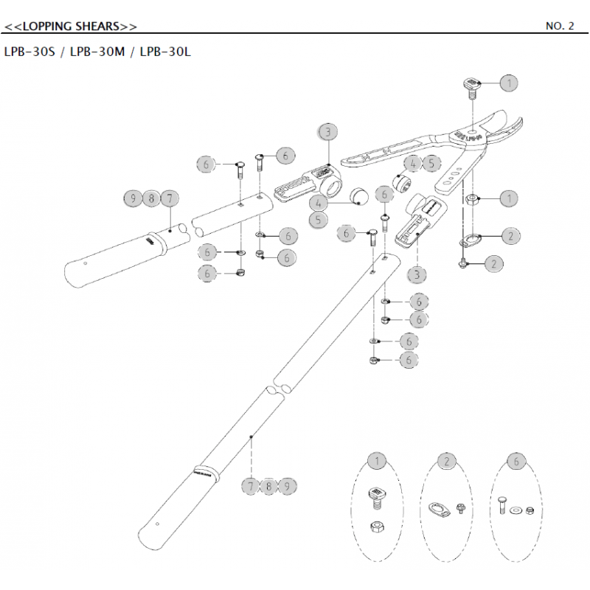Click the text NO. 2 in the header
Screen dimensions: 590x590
pos(559,27)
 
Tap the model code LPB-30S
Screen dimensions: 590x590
pos(30,53)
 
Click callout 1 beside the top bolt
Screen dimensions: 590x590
pos(509,83)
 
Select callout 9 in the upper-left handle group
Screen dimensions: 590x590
pos(133,198)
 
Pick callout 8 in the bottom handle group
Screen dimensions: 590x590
pos(269,486)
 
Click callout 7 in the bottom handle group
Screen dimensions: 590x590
pos(251,486)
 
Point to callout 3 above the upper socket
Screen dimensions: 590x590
pos(328,132)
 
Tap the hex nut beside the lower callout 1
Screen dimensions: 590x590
pos(473,198)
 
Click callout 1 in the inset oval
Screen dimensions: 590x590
pos(378,462)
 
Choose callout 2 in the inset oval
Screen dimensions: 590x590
pos(447,462)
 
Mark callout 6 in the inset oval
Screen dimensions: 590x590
pos(517,462)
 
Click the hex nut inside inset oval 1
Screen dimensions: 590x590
pos(375,527)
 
